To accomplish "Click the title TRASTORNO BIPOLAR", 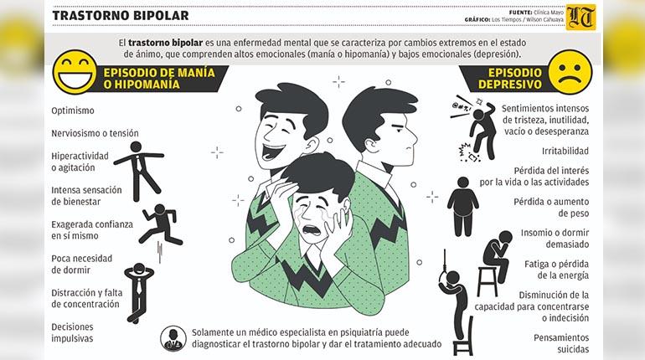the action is [120, 16].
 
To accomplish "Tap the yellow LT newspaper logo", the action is [580, 17].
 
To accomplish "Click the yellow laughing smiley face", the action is [75, 72].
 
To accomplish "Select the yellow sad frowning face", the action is [570, 72].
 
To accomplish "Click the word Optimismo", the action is [73, 111].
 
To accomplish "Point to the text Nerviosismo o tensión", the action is [95, 133].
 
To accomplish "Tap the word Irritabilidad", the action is [565, 151].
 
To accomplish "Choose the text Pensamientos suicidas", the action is [561, 343].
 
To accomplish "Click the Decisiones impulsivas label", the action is [72, 332].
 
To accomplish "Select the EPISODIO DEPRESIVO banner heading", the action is [510, 79].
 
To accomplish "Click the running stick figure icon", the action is [161, 225].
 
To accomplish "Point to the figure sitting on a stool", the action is [495, 263].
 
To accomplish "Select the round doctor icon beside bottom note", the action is [173, 338].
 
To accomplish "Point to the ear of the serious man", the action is [372, 145].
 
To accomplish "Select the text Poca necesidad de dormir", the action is [82, 265].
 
